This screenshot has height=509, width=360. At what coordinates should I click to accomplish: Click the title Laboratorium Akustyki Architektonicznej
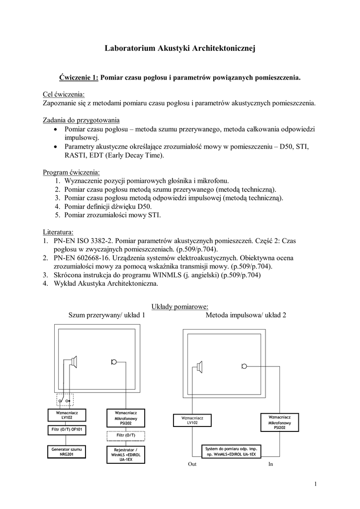(180, 48)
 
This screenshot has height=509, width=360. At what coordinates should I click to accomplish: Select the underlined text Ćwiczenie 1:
(79, 78)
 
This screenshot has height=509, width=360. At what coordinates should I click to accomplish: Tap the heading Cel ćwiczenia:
(64, 94)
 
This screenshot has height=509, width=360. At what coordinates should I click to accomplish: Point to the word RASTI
(76, 155)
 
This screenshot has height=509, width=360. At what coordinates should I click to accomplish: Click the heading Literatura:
(59, 232)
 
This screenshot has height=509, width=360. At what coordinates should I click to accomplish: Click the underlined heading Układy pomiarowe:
(180, 306)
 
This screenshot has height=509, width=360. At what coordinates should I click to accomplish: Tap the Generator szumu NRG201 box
(67, 452)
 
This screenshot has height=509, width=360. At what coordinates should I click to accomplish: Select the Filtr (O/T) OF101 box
(67, 429)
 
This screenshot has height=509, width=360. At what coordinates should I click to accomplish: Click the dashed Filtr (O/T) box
(126, 435)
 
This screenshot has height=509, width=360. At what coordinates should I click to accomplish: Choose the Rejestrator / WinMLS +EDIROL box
(126, 454)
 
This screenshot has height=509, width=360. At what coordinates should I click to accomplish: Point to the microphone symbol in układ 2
(244, 366)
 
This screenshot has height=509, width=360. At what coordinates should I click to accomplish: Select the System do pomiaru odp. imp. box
(231, 451)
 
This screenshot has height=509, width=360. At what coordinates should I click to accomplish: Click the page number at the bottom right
(315, 485)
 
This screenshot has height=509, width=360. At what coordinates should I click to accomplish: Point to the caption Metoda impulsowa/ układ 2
(246, 315)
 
